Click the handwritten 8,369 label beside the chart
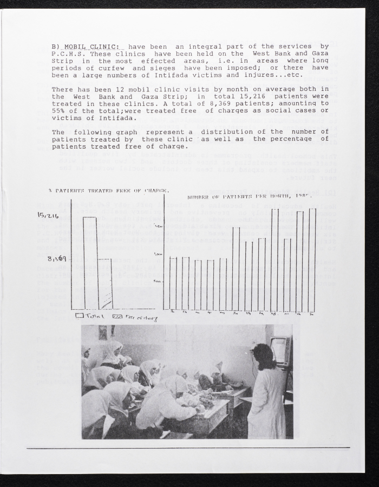[x=57, y=258]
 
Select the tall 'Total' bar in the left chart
[x=90, y=263]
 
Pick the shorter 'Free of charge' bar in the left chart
[x=105, y=284]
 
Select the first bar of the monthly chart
[x=173, y=283]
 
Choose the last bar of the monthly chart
[x=312, y=260]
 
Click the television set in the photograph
[x=281, y=351]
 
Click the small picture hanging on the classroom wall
[x=103, y=332]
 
